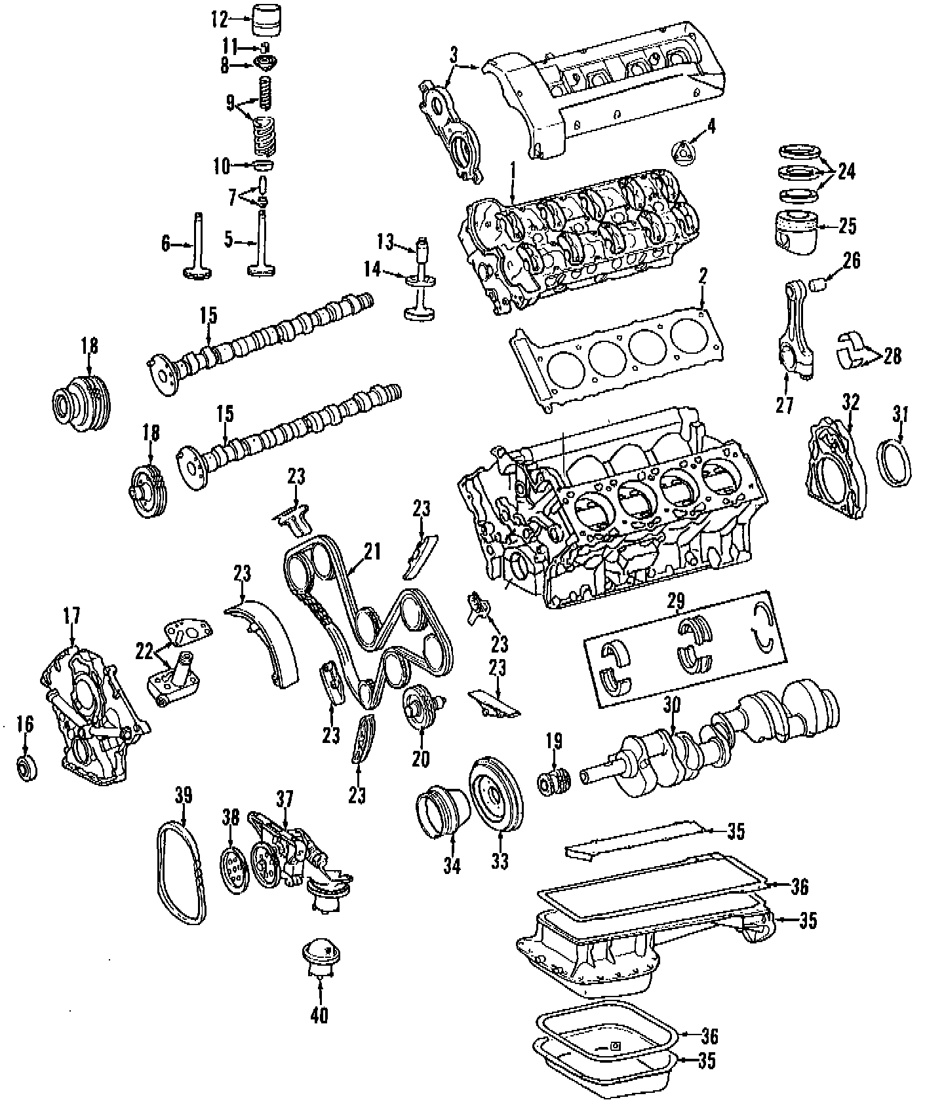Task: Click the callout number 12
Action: pos(218,19)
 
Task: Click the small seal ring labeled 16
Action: pos(26,769)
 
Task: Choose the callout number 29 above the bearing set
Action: pos(675,599)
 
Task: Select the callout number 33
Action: pos(500,860)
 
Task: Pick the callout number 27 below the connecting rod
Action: pos(784,405)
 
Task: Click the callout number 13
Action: pos(385,242)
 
